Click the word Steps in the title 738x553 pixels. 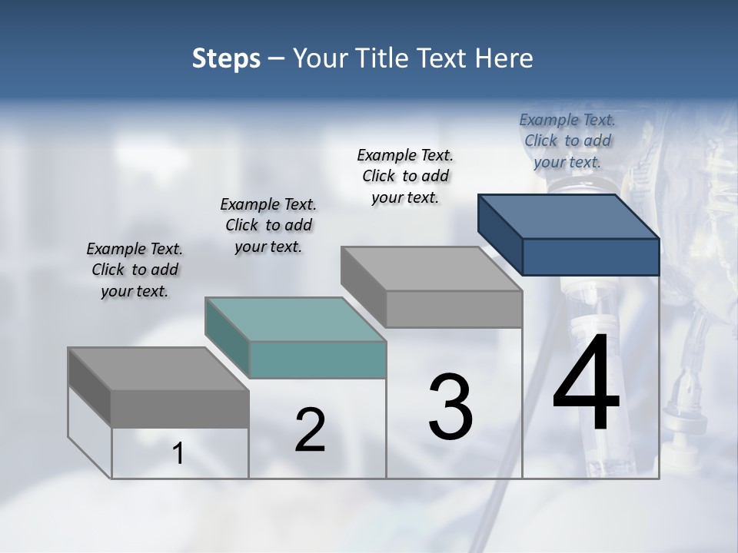pyautogui.click(x=226, y=58)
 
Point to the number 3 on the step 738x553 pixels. pyautogui.click(x=450, y=406)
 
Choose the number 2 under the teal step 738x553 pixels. pyautogui.click(x=310, y=430)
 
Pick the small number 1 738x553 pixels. pyautogui.click(x=178, y=454)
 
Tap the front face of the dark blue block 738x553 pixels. pyautogui.click(x=590, y=257)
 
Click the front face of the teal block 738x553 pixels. pyautogui.click(x=317, y=359)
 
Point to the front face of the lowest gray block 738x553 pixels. pyautogui.click(x=180, y=409)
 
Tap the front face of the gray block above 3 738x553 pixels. pyautogui.click(x=454, y=309)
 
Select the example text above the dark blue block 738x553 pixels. pyautogui.click(x=567, y=141)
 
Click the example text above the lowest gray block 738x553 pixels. pyautogui.click(x=135, y=270)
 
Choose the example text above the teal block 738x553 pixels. pyautogui.click(x=268, y=225)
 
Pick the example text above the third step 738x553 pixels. pyautogui.click(x=405, y=176)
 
